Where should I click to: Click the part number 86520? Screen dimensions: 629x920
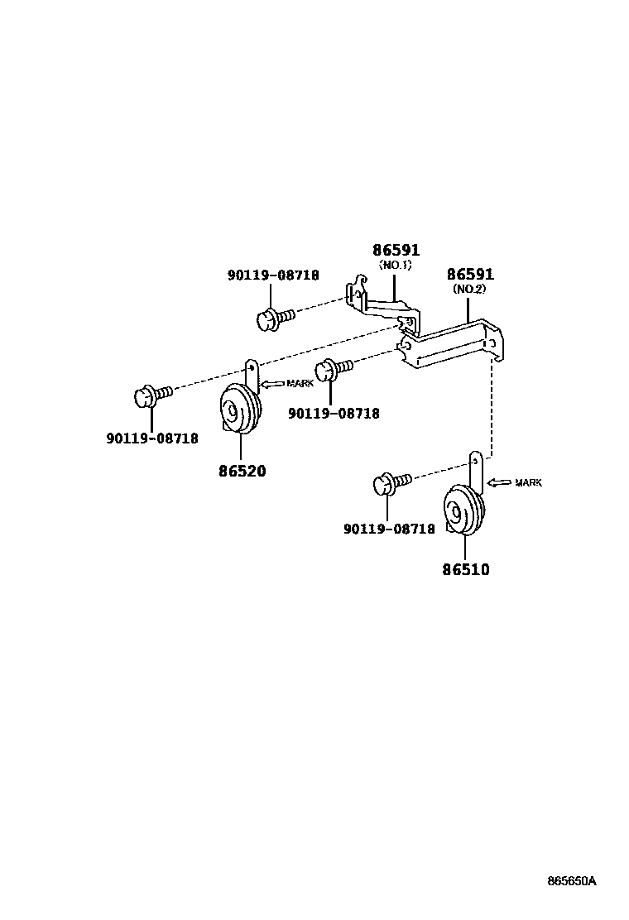coord(242,471)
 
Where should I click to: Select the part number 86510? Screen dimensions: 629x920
coord(464,569)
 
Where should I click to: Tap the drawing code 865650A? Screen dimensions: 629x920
coord(571,881)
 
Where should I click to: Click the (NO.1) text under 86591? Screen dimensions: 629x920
coord(395,265)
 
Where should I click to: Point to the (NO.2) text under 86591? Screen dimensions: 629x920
coord(469,290)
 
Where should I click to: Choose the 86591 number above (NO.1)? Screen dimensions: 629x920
coord(396,250)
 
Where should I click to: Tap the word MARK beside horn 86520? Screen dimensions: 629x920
coord(300,383)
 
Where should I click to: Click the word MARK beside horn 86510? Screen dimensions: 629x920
coord(528,482)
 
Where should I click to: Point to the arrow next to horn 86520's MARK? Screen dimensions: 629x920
coord(272,383)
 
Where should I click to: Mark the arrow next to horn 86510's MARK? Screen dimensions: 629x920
coord(499,482)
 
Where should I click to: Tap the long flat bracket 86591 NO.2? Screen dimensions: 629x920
coord(451,347)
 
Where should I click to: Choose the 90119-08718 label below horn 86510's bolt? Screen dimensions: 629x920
coord(389,529)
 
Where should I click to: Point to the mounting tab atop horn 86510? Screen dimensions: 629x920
coord(476,467)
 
